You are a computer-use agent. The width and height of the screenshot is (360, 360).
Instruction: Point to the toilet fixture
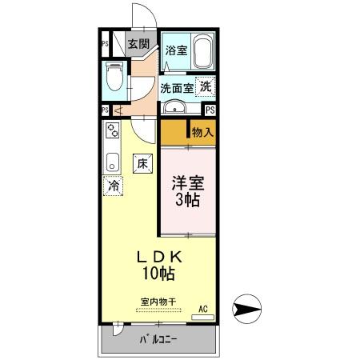113,78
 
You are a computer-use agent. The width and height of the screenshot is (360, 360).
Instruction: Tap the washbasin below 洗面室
174,108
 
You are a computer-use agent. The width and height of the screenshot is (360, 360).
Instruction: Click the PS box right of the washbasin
210,110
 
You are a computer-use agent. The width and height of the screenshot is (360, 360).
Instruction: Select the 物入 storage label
202,133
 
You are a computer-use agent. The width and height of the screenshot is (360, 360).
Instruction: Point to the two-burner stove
111,131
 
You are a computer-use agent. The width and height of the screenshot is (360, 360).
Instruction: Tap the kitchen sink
111,161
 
